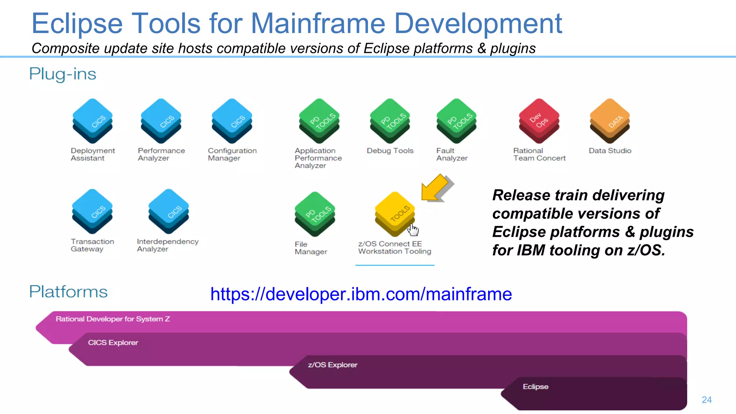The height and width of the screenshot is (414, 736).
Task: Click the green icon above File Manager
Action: tap(315, 214)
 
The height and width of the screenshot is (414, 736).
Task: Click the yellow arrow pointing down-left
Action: tap(436, 188)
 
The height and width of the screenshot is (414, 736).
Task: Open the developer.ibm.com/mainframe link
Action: tap(361, 294)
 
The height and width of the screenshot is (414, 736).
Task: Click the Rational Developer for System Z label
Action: tap(113, 319)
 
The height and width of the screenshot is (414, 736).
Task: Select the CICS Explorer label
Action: tap(113, 343)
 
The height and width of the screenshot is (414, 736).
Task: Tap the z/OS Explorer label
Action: tap(332, 365)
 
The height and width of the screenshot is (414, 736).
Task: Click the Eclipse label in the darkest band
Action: tap(535, 387)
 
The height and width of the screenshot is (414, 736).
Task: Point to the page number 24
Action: tap(707, 400)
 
